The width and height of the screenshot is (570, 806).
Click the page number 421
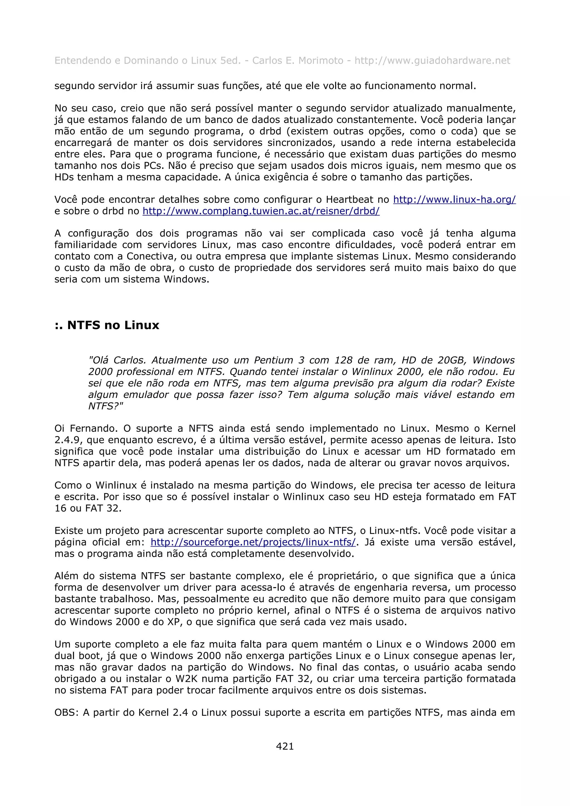point(285,746)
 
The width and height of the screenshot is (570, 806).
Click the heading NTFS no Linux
point(107,325)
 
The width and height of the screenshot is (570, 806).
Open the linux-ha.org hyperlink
point(454,199)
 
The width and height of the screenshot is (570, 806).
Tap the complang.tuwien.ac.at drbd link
point(261,211)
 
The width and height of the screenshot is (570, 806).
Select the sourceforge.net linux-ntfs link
point(253,542)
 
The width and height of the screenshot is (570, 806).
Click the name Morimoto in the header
point(321,61)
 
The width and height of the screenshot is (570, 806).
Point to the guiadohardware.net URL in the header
point(432,61)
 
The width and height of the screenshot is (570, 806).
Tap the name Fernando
point(94,428)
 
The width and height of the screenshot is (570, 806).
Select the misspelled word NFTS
point(201,428)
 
